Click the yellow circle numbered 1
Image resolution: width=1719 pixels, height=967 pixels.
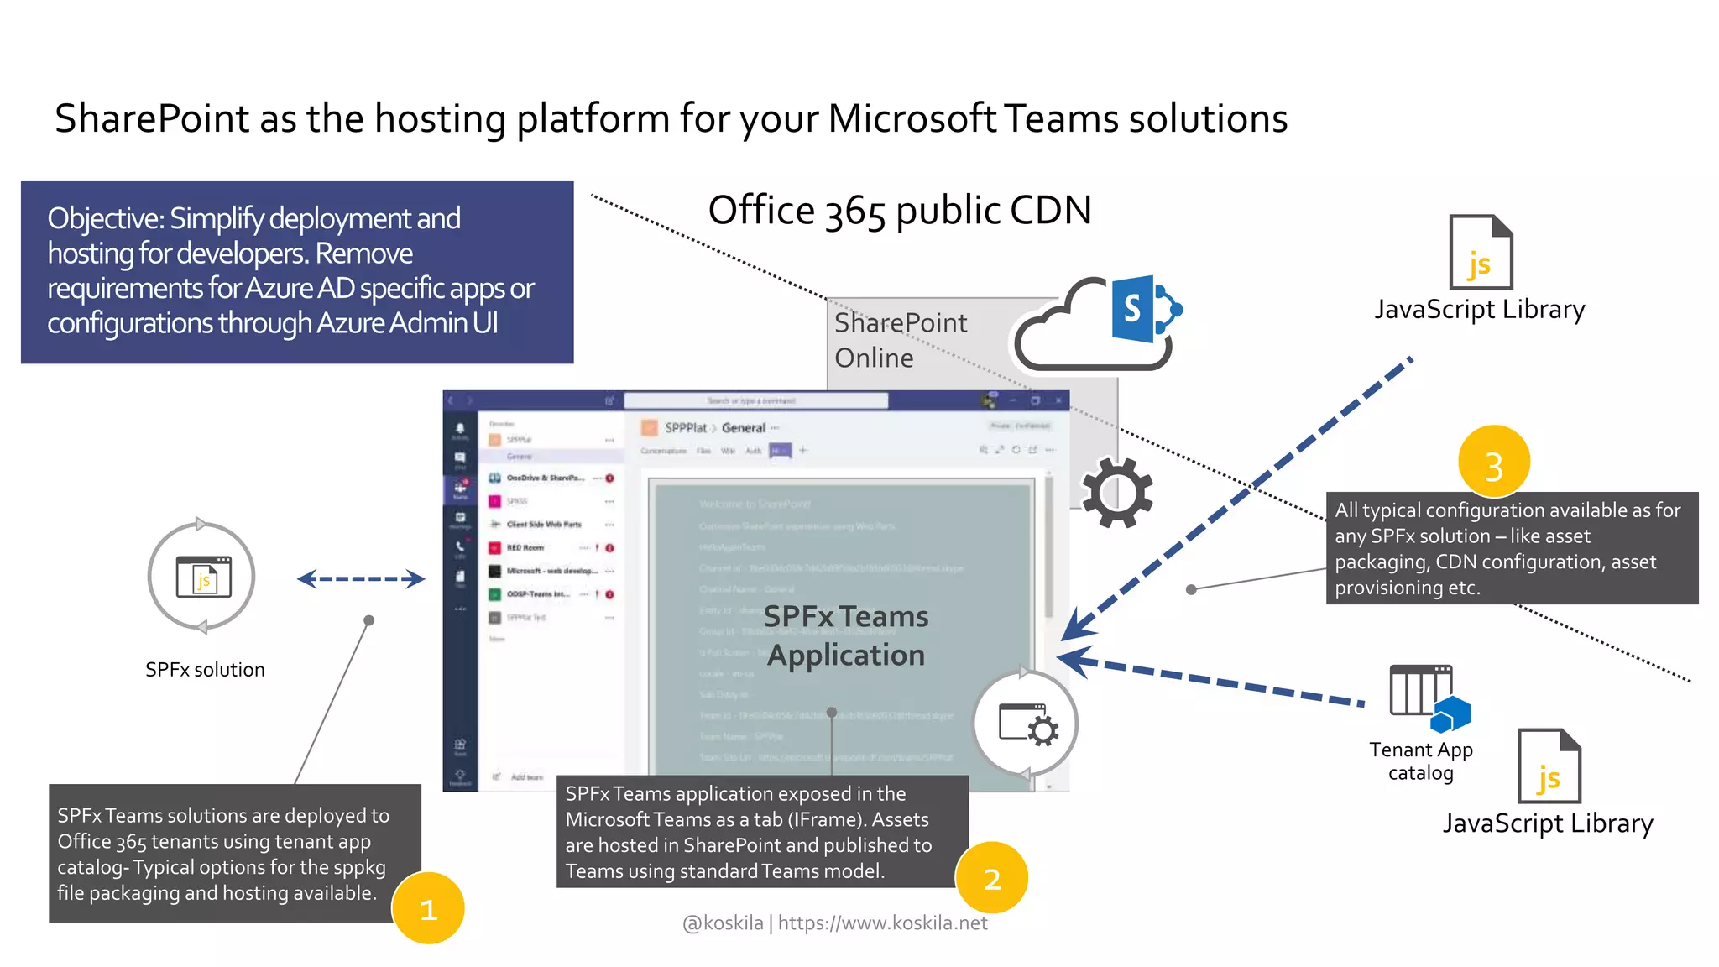428,908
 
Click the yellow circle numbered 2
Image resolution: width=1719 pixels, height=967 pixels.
992,878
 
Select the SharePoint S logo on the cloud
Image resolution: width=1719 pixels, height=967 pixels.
1133,309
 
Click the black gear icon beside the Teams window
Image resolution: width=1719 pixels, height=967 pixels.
1116,493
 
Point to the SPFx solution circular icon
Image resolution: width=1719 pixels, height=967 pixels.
201,577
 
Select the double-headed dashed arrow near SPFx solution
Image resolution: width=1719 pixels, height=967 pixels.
361,578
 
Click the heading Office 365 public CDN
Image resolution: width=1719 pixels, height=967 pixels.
899,210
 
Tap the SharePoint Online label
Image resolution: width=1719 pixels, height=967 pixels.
899,340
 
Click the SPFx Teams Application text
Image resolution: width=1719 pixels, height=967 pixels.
845,635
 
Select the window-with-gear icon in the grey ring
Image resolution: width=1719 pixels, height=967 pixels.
1027,724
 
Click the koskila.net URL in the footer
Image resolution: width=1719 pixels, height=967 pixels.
882,923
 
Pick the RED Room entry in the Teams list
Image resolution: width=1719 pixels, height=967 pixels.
525,547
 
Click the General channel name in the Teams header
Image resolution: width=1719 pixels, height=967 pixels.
743,427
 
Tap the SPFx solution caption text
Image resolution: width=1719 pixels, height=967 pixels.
205,670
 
